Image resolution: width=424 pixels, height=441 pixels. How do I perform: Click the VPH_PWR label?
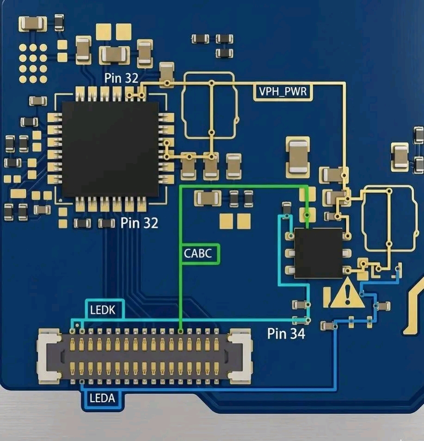283,92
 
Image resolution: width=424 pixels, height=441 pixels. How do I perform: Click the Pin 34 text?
286,333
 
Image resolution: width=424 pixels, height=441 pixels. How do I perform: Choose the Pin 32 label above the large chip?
121,78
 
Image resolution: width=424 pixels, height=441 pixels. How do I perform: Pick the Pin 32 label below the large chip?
139,223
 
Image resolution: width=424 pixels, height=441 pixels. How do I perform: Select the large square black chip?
111,148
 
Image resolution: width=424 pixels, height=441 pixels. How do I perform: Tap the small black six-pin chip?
319,253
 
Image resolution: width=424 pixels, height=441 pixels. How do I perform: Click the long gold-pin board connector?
145,356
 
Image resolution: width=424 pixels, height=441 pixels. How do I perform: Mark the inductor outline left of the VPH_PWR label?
210,106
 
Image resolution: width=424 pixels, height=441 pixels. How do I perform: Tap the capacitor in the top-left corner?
32,24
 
